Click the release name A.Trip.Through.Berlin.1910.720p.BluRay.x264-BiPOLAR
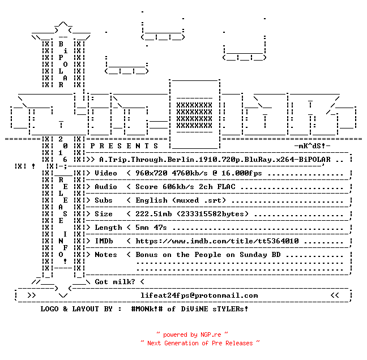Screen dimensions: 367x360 [x=215, y=160]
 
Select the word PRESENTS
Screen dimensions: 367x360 [x=124, y=146]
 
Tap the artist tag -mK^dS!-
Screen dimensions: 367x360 [x=312, y=146]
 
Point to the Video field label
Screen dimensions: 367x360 [x=106, y=173]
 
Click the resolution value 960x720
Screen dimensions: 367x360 [x=151, y=173]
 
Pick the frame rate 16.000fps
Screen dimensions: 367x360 [x=241, y=173]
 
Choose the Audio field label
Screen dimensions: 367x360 [x=106, y=187]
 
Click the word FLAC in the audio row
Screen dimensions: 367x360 [x=226, y=187]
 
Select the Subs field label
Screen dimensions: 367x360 [x=104, y=200]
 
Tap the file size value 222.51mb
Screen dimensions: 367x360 [x=153, y=214]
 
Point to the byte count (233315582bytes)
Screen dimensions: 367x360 [x=212, y=214]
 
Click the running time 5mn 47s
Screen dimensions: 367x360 [x=151, y=228]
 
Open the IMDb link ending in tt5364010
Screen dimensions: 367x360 [x=217, y=241]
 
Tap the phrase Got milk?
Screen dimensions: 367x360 [x=115, y=282]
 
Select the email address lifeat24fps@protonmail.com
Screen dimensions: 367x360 [x=199, y=295]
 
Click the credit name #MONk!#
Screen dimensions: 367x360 [x=147, y=308]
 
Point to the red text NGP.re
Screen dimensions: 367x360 [x=211, y=335]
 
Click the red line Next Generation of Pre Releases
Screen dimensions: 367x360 [x=200, y=343]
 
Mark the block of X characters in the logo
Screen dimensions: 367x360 [x=194, y=115]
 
